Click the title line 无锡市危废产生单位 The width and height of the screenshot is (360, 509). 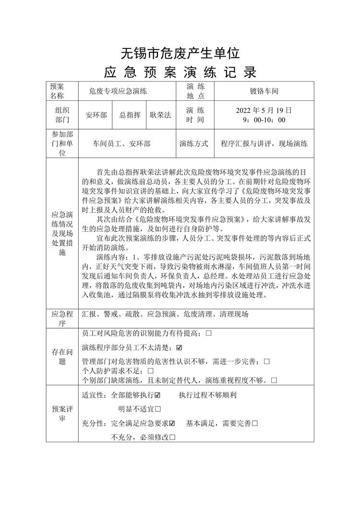(180, 51)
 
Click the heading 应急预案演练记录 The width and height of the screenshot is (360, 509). (180, 72)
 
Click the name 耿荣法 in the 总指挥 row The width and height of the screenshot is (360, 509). (160, 115)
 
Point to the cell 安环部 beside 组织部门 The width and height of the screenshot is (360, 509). (96, 115)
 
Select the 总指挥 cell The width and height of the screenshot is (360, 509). (130, 115)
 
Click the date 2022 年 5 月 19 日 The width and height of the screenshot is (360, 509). (264, 110)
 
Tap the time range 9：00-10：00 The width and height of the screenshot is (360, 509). (264, 120)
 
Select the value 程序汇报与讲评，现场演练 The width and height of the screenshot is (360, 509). (264, 143)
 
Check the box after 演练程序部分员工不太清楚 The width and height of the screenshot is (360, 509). (180, 347)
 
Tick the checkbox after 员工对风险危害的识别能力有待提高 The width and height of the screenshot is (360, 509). (208, 332)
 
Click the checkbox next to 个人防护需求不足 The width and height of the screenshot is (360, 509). (151, 371)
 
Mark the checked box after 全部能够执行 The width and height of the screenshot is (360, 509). (157, 395)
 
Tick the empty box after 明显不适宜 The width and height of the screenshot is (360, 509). (158, 409)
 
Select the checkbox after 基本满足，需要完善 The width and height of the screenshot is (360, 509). (255, 423)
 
